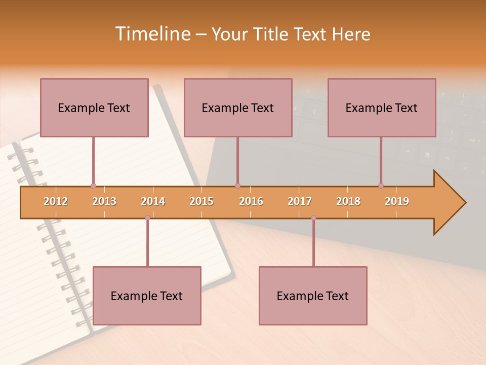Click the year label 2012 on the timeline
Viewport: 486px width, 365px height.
point(56,201)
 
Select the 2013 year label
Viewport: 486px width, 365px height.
point(104,201)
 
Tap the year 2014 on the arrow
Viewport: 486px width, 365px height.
point(153,201)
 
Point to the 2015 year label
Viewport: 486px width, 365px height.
point(201,201)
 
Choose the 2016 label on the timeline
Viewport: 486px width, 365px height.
point(251,201)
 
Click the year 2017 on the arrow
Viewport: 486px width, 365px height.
point(300,201)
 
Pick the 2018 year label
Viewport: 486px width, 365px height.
point(348,201)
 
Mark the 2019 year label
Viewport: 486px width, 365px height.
point(397,201)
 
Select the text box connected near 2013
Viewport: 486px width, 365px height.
point(94,107)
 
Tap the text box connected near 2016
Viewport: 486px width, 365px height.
point(238,107)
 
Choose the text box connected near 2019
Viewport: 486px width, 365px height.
point(382,107)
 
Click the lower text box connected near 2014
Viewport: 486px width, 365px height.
point(147,296)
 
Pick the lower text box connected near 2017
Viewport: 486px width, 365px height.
point(313,296)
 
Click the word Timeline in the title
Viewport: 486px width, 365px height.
point(152,34)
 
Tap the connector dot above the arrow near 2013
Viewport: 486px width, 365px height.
point(93,186)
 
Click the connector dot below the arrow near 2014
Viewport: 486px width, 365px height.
point(147,217)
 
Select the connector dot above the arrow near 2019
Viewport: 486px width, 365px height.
point(381,186)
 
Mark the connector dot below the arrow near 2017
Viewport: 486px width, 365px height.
point(313,217)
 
